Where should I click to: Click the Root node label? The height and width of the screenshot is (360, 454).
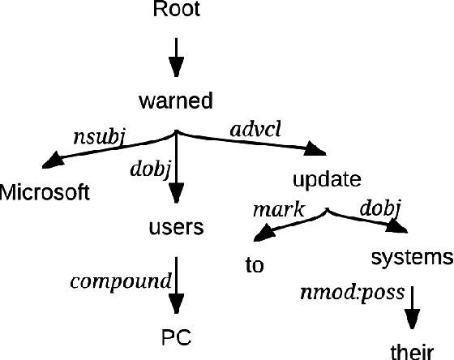pyautogui.click(x=176, y=11)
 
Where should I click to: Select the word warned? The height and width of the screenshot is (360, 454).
pyautogui.click(x=176, y=101)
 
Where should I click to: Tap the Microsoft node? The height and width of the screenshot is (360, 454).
pyautogui.click(x=45, y=192)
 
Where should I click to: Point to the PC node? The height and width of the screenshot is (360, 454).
pyautogui.click(x=176, y=335)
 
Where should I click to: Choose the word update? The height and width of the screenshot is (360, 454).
pyautogui.click(x=326, y=178)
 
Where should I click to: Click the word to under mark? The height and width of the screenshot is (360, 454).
pyautogui.click(x=255, y=265)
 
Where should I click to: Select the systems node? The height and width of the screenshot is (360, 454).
pyautogui.click(x=411, y=258)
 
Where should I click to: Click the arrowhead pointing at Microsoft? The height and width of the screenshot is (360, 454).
pyautogui.click(x=55, y=161)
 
